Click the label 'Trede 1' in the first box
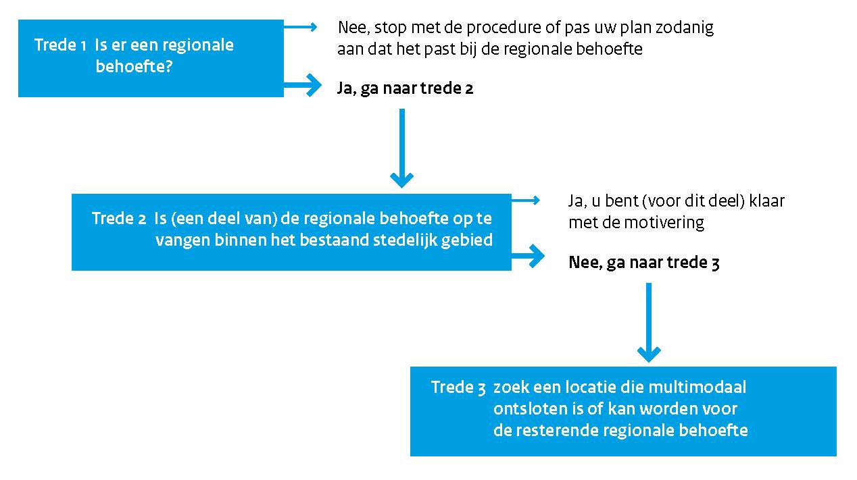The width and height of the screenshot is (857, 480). point(60,45)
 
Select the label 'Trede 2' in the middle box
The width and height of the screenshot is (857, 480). point(118,219)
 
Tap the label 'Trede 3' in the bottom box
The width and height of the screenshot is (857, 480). point(458,388)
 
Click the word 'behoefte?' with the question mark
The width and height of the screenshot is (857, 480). point(134,66)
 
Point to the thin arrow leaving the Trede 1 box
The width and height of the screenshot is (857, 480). point(300,27)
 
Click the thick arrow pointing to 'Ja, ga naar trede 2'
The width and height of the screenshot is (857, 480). point(302,85)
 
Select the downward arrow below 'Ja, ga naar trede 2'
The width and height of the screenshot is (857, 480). point(401,149)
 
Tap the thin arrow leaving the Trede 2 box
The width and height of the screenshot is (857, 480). point(526,200)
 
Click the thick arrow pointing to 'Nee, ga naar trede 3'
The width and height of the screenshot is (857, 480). point(528,256)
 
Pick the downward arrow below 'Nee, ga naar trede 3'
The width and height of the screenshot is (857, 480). point(649,322)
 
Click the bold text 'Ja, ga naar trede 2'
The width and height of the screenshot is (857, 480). point(405,88)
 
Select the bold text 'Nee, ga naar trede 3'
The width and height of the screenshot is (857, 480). point(644,263)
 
